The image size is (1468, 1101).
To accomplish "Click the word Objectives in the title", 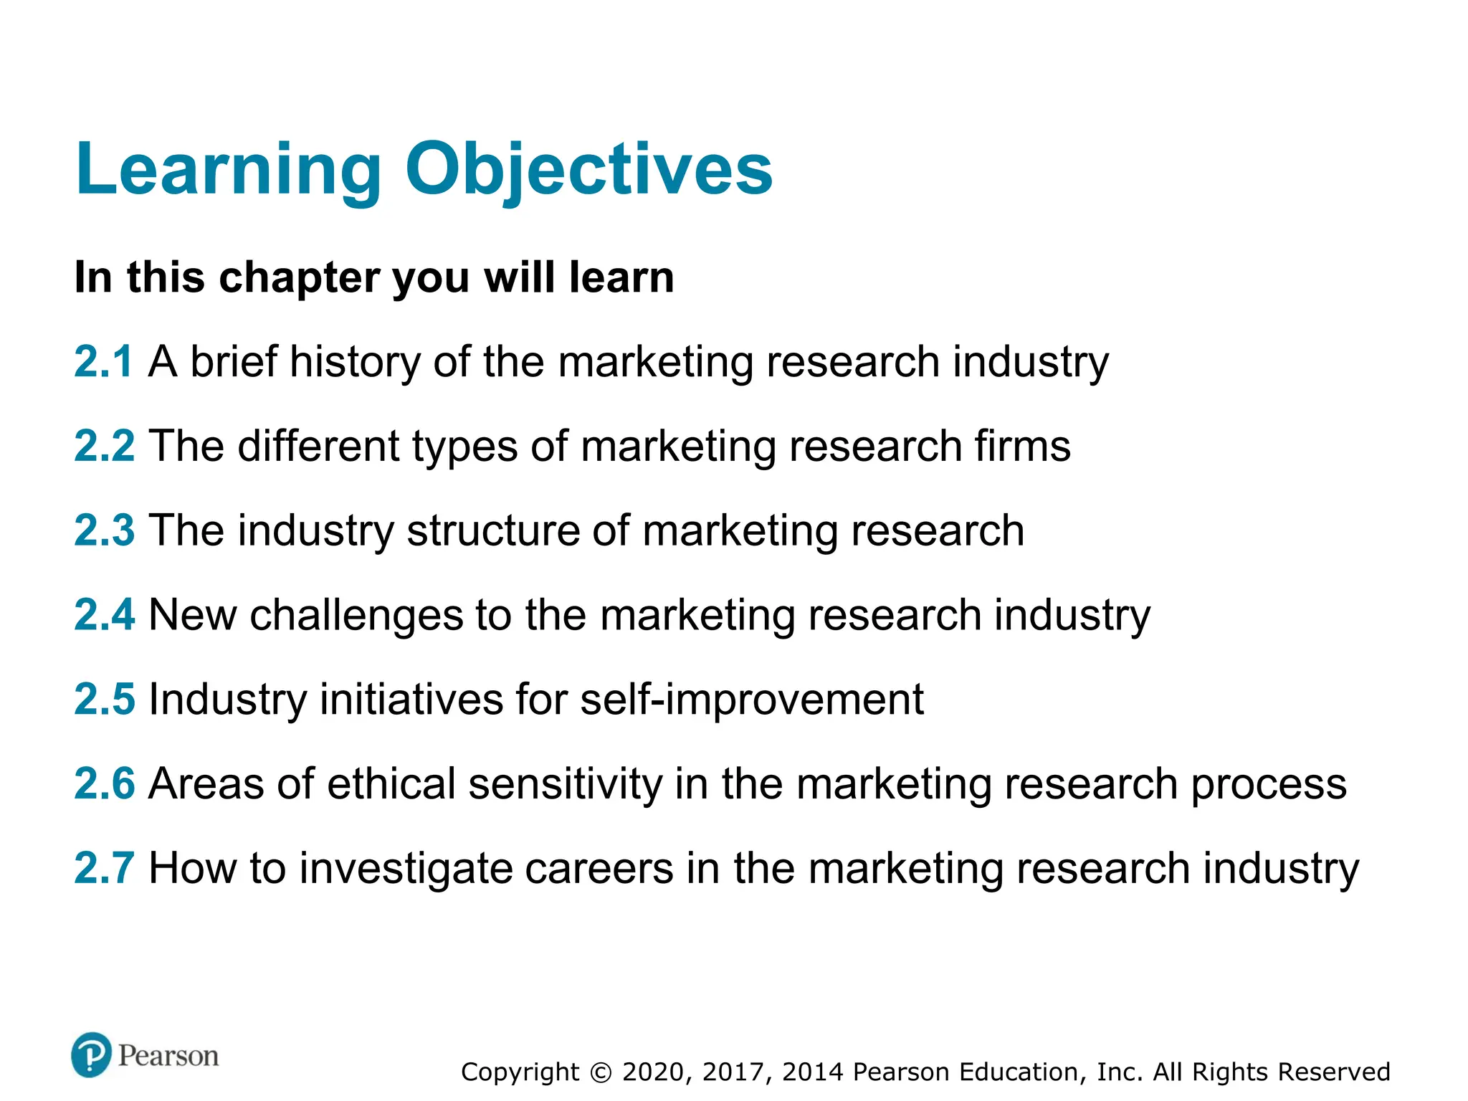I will (x=588, y=169).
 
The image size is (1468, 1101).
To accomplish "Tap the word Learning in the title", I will (x=229, y=169).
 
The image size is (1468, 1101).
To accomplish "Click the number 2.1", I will (x=104, y=361).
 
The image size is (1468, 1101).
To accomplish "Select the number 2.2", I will (x=104, y=445).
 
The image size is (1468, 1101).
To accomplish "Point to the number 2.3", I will (x=104, y=530).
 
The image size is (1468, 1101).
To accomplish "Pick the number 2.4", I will (x=104, y=614).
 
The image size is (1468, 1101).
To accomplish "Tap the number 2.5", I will (x=104, y=699).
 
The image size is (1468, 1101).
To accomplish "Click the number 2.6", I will (x=104, y=783).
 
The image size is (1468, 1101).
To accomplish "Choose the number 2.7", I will (x=104, y=867).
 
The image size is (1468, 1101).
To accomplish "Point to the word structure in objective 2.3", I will (x=493, y=530).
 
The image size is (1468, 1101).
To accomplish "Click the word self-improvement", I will (x=751, y=699).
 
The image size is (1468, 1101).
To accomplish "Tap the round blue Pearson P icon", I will (x=91, y=1054).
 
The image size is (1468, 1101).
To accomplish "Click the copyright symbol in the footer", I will (x=601, y=1072).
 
